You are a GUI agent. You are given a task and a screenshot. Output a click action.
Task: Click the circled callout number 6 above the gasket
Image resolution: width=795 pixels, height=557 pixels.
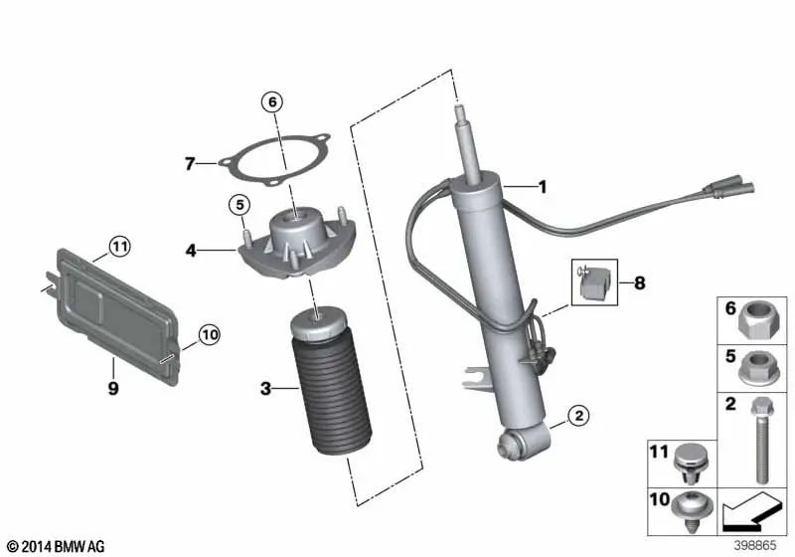coord(272,102)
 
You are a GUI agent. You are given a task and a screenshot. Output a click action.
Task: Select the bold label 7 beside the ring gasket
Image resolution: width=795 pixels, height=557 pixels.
coord(190,164)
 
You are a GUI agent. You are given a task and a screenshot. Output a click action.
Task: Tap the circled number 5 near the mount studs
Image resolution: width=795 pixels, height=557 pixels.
coord(239,205)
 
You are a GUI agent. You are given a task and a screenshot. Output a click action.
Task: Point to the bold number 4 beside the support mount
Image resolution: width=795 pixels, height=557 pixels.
coord(191,251)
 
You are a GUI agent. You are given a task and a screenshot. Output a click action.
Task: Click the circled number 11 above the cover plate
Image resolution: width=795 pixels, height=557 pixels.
coord(119,247)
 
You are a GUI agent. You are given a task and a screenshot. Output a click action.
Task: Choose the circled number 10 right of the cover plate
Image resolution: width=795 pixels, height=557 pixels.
coord(210,335)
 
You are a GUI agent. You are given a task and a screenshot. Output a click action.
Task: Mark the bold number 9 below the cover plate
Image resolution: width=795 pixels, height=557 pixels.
coord(113,389)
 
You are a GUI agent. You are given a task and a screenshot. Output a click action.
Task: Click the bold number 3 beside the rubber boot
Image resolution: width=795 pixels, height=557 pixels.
coord(265,389)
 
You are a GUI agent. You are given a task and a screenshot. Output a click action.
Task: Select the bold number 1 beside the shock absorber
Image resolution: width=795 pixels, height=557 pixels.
coord(543,187)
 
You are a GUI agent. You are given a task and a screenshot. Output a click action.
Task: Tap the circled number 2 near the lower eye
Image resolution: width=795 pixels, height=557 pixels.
coord(579,416)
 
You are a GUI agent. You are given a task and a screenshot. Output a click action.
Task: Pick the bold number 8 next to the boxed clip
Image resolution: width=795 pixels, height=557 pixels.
coord(640,282)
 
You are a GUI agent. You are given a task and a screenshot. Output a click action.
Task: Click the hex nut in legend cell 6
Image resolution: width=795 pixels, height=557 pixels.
coord(758,320)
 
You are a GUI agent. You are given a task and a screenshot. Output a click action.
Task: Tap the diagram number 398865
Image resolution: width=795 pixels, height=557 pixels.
coord(755,545)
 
